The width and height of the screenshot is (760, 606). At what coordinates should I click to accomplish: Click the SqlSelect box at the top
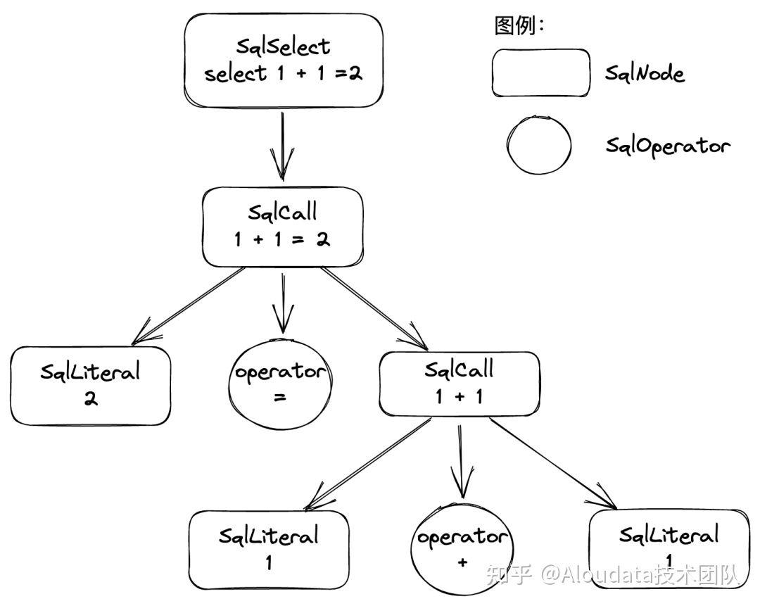[284, 60]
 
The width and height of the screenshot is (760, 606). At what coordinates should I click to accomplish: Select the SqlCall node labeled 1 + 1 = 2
[283, 227]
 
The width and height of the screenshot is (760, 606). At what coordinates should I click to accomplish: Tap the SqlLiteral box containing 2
[91, 385]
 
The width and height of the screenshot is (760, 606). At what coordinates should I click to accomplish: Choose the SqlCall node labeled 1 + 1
[460, 384]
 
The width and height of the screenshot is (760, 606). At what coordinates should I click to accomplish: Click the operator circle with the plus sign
[461, 550]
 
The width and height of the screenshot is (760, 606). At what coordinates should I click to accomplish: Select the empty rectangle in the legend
[540, 72]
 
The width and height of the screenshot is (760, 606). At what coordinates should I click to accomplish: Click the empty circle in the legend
[539, 145]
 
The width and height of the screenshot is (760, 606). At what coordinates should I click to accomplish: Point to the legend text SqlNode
[645, 73]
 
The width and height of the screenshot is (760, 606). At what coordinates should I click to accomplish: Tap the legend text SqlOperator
[668, 146]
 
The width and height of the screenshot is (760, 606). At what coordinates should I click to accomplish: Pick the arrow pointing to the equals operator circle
[282, 303]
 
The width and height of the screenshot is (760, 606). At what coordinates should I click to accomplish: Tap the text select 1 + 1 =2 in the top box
[283, 73]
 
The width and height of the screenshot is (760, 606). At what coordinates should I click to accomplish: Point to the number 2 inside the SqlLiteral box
[91, 398]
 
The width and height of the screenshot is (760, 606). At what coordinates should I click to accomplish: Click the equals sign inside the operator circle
[280, 398]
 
